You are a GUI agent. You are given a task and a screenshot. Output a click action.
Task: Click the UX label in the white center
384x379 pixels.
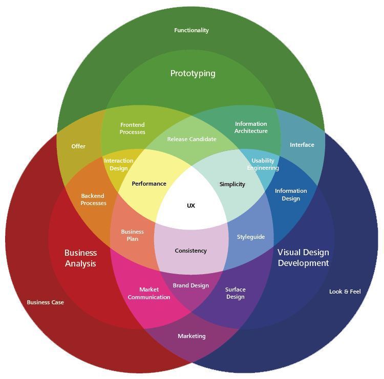(191, 206)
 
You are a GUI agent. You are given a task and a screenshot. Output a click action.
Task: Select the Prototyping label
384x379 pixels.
(193, 73)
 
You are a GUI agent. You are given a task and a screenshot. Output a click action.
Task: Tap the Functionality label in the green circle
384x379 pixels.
(191, 30)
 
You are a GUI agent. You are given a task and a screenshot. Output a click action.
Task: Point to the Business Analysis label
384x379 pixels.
(80, 258)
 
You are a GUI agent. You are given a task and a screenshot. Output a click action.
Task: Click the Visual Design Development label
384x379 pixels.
(303, 258)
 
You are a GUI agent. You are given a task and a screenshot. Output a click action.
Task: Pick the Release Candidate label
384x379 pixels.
(191, 139)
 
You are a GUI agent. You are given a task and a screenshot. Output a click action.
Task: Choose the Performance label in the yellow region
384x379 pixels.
(149, 184)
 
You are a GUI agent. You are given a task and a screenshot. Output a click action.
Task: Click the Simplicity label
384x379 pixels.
(232, 184)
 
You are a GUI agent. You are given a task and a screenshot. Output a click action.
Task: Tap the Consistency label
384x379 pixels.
(190, 251)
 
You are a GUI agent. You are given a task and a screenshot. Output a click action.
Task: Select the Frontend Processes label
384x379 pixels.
(133, 128)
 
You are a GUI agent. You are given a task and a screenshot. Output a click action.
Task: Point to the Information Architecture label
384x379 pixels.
(251, 127)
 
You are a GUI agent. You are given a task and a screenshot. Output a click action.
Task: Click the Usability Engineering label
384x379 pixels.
(263, 164)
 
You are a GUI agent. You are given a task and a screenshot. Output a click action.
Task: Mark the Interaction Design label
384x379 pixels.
(119, 164)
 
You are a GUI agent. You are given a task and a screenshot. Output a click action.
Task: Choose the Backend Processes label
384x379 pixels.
(93, 199)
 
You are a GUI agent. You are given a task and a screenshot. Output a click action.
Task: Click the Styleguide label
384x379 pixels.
(251, 237)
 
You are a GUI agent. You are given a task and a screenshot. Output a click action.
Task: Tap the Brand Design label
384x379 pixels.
(190, 285)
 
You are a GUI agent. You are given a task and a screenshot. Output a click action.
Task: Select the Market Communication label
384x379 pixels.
(149, 293)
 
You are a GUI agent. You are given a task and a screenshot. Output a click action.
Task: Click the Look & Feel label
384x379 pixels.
(345, 292)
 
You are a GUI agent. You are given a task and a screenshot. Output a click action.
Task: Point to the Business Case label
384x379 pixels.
(46, 302)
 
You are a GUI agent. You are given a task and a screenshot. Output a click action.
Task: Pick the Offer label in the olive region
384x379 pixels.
(78, 146)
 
